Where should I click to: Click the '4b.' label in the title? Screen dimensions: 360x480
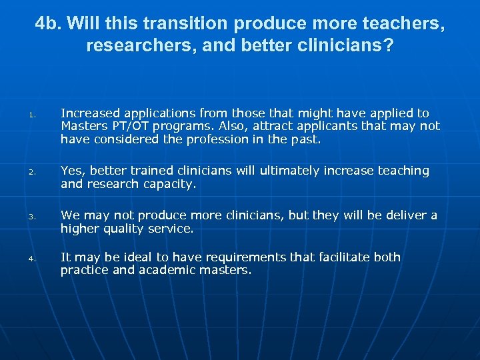[x=48, y=25]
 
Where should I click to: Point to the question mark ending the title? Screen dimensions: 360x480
[x=389, y=46]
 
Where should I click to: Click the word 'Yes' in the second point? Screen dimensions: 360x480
[x=72, y=171]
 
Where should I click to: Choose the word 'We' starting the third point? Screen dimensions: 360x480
[x=69, y=215]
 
